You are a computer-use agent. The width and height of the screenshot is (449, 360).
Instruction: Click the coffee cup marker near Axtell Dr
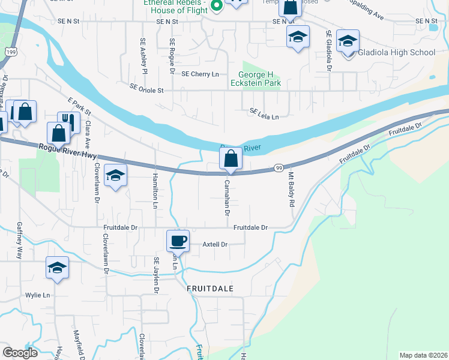click(178, 241)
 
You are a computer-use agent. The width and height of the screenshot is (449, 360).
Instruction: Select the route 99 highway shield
click(279, 168)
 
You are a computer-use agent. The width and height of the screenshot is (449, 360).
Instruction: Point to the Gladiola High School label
click(396, 52)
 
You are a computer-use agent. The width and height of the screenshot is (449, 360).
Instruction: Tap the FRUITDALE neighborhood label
click(209, 288)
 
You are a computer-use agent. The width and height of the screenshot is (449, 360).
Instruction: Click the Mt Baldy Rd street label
click(291, 190)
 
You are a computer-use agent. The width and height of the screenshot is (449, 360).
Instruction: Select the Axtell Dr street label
click(215, 244)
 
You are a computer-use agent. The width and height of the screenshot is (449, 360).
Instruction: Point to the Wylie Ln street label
click(37, 295)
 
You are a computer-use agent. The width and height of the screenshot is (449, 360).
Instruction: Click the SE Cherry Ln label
click(200, 74)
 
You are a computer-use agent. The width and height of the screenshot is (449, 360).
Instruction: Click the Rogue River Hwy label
click(68, 151)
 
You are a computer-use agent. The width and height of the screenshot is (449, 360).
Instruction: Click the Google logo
click(20, 352)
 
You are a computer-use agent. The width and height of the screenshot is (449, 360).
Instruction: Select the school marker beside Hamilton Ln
click(115, 175)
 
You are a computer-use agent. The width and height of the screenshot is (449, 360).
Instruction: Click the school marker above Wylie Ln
click(57, 267)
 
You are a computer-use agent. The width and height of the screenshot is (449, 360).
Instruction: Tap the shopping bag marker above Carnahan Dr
click(231, 159)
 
